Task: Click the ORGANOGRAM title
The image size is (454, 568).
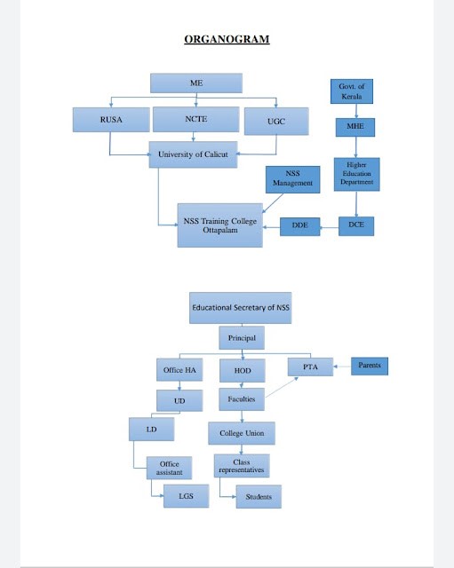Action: click(227, 39)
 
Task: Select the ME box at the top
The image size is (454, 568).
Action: click(195, 83)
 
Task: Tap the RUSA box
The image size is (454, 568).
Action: click(110, 120)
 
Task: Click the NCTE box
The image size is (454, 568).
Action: click(195, 119)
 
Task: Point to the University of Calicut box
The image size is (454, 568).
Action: click(193, 154)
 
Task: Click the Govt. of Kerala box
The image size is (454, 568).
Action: click(351, 91)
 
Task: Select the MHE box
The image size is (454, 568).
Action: click(355, 127)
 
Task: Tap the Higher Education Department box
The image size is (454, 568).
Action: click(356, 174)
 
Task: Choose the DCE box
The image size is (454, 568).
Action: click(356, 226)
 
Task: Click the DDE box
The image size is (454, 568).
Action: click(299, 227)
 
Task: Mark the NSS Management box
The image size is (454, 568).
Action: click(292, 178)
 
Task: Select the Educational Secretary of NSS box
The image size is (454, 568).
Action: click(241, 307)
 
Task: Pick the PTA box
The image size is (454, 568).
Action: click(309, 366)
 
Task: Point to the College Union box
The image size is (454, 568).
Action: click(242, 433)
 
